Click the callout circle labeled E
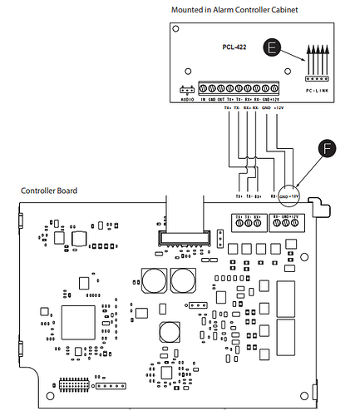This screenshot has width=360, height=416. tap(274, 48)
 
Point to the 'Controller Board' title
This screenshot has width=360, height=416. tap(49, 191)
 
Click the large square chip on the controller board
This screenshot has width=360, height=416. tap(78, 321)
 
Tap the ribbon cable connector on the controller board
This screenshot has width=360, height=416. tap(184, 239)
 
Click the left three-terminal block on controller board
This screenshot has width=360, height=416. tap(250, 222)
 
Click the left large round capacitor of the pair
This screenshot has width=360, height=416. tap(154, 280)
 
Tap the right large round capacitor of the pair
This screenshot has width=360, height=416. tap(183, 280)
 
